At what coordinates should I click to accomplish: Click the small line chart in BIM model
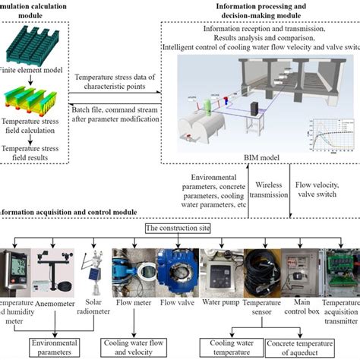(x=325, y=134)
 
